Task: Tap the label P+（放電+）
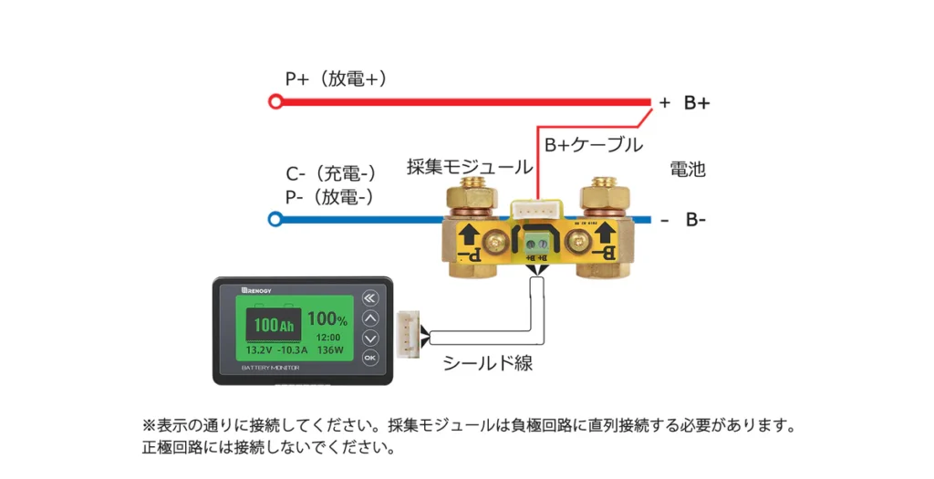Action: [x=337, y=79]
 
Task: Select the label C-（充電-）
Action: [x=332, y=174]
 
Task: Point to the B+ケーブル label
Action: [x=594, y=145]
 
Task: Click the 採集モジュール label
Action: [x=469, y=167]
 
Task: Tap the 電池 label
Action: [x=688, y=170]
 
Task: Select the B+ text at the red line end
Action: [x=698, y=102]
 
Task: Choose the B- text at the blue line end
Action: [x=698, y=220]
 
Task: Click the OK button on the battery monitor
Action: [x=369, y=358]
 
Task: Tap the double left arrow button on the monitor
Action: [x=369, y=297]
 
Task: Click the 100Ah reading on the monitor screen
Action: [x=274, y=325]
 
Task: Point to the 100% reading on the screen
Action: [x=327, y=320]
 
